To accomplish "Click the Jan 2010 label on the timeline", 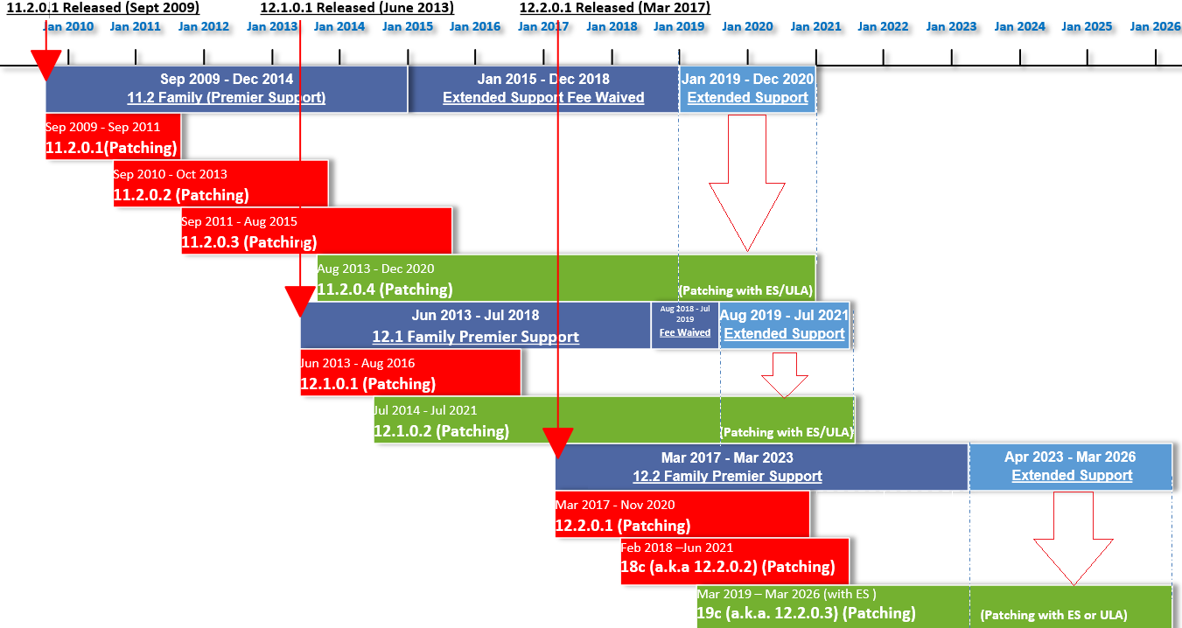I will click(x=67, y=26).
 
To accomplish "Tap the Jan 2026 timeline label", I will click(x=1155, y=26).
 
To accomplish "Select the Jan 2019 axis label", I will click(x=679, y=26).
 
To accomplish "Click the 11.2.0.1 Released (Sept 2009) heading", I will click(x=103, y=8).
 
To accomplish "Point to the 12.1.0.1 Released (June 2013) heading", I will click(x=357, y=8).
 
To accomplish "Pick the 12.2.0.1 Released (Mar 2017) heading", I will click(x=615, y=8).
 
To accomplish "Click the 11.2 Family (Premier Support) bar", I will click(x=227, y=88).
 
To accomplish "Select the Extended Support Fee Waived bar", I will click(x=543, y=88).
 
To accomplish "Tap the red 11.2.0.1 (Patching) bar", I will click(x=113, y=136).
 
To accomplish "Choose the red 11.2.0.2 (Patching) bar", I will click(x=220, y=184).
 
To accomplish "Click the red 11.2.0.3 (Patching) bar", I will click(x=316, y=231).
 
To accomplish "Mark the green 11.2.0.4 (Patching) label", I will click(x=385, y=289).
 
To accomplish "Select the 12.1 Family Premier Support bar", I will click(x=475, y=325).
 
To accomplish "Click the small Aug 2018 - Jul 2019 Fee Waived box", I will click(x=685, y=325).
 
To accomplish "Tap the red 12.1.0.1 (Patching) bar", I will click(x=410, y=373).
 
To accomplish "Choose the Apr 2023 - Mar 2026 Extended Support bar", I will click(x=1071, y=467).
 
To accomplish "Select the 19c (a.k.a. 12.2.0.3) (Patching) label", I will click(x=807, y=613).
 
